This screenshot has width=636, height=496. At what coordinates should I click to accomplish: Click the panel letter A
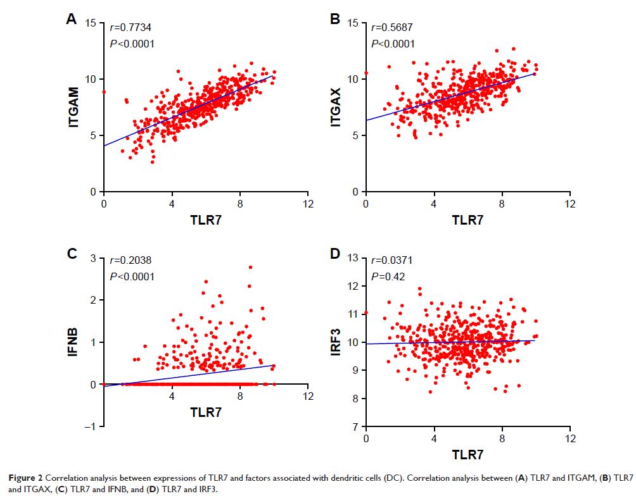pos(72,20)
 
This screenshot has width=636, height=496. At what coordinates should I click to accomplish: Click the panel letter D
pos(336,254)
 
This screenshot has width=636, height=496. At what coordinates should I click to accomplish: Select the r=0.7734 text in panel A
pos(131,27)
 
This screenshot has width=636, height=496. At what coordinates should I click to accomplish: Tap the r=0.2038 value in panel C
pos(131,260)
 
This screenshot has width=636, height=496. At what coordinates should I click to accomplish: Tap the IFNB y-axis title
pos(74,342)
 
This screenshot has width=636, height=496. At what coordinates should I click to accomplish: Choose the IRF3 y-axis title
pos(336,342)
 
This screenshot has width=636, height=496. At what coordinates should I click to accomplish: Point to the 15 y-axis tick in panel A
pos(90,23)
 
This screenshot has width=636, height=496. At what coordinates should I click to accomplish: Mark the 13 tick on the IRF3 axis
pos(352,257)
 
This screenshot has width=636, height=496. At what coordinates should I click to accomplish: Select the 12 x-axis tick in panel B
pos(569,204)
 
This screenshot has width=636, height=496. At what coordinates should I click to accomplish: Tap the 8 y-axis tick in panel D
pos(356,399)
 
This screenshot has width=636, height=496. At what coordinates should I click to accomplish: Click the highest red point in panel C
pos(250,267)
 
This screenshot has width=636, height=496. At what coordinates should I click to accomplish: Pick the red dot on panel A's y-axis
pos(104,92)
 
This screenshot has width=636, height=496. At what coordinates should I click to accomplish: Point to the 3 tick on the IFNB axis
pos(92,257)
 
